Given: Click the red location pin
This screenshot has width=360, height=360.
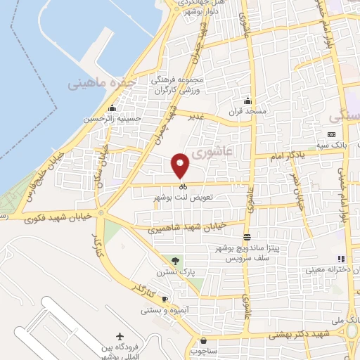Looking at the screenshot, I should pyautogui.click(x=181, y=165).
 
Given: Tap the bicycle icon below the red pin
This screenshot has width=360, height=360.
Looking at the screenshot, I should pyautogui.click(x=182, y=187).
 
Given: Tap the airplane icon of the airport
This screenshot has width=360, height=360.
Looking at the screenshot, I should pyautogui.click(x=120, y=336).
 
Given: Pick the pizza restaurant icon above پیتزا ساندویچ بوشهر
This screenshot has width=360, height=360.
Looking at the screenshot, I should pyautogui.click(x=246, y=237).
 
